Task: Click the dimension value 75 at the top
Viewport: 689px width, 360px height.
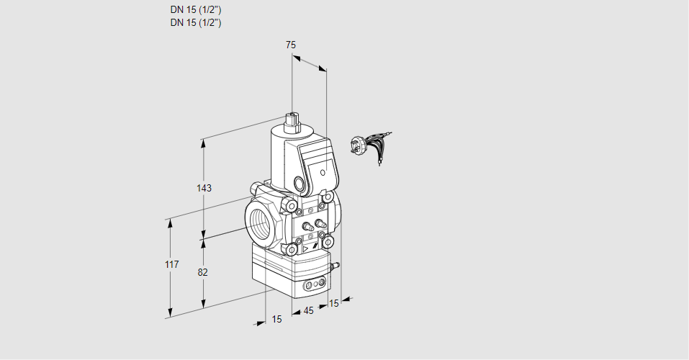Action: coord(291,45)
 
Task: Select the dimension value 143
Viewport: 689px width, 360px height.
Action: coord(204,188)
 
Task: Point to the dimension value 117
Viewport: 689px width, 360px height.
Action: coord(171,265)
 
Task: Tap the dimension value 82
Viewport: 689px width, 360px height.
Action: coord(203,272)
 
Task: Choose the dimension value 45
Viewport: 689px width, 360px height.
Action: coord(308,311)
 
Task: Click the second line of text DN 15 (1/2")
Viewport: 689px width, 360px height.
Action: coord(195,22)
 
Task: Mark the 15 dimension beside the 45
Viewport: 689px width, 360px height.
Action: coord(333,304)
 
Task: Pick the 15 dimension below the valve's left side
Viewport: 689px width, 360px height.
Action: coord(276,319)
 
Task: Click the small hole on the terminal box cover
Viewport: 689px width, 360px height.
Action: coord(323,173)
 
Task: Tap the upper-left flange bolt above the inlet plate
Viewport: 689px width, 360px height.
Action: coord(292,208)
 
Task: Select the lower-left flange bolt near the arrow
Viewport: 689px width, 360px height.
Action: coord(292,249)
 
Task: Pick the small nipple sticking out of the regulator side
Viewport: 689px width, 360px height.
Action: coord(333,266)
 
